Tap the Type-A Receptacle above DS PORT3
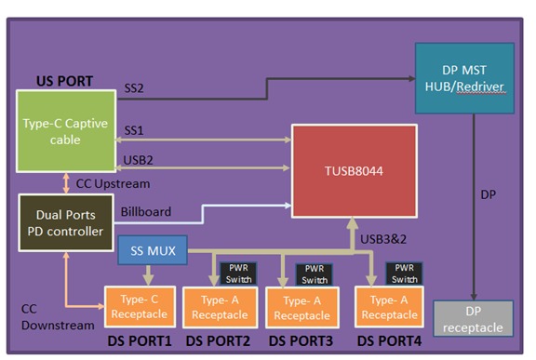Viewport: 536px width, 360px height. (x=301, y=309)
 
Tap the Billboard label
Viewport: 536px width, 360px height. (x=147, y=211)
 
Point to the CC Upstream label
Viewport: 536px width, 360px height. (x=114, y=183)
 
